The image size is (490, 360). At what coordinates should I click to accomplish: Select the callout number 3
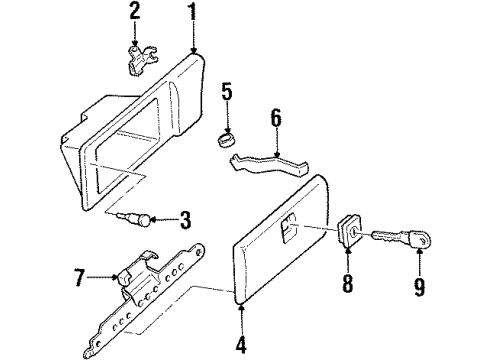click(184, 219)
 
